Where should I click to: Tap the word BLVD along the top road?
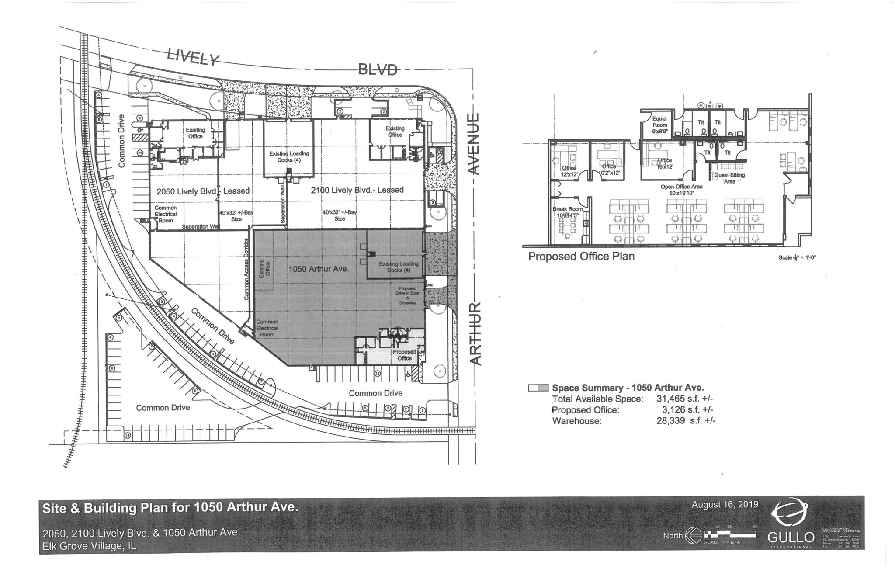coord(378,69)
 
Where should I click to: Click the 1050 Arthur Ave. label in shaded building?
coord(319,269)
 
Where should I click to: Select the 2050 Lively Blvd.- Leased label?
coord(203,191)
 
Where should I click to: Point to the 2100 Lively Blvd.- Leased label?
coord(357,190)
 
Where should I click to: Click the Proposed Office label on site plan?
coord(404,355)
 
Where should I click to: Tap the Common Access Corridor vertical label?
coord(247,269)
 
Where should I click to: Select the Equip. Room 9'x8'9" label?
coord(659,125)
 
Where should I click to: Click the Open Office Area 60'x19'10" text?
coord(681,190)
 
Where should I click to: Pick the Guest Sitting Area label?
coord(729,178)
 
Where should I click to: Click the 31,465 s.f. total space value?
coord(684,399)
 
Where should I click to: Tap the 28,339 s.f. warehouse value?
coord(683,421)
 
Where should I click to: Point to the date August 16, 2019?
coord(725,505)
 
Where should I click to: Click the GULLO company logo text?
coord(791,537)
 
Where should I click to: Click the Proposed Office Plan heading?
coord(581,257)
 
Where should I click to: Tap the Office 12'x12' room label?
coord(569,171)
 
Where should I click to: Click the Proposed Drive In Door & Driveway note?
coord(407,295)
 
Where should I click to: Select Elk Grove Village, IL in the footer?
coord(89,546)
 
